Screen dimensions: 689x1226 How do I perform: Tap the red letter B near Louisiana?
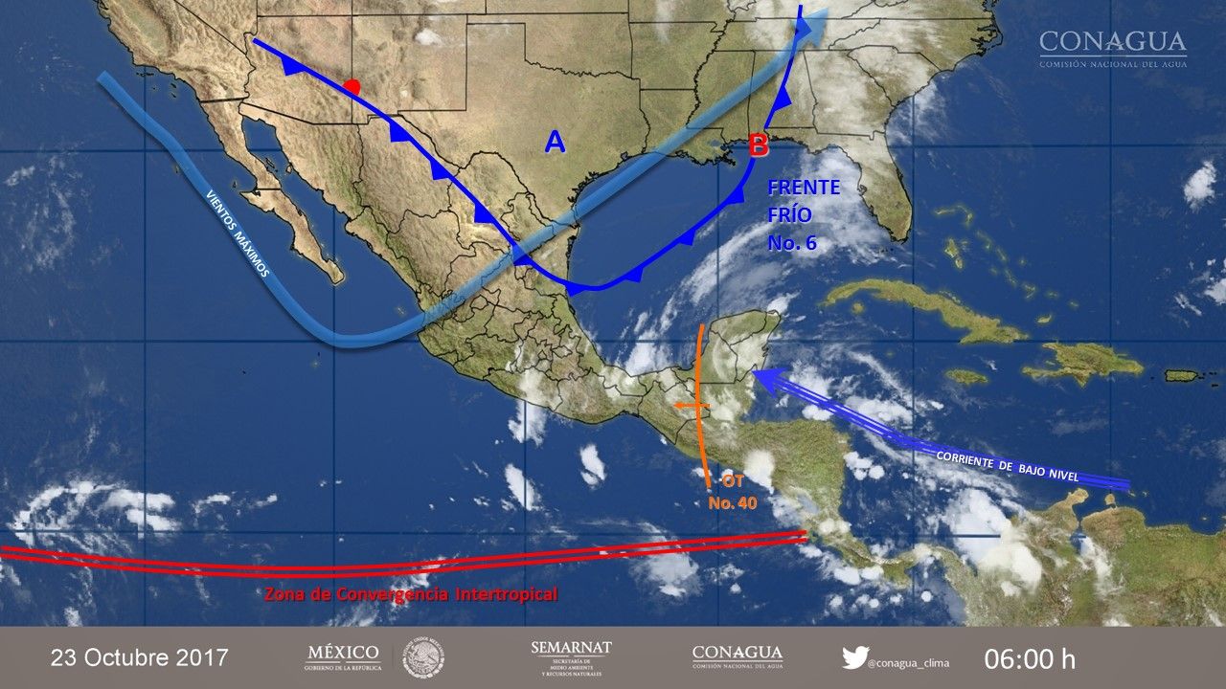coord(758,146)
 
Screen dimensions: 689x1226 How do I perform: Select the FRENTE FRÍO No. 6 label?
coord(803,215)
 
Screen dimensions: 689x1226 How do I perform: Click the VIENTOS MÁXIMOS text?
coord(238,233)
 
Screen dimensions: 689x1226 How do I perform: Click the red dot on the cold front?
coord(352,87)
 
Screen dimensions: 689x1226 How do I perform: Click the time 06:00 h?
coord(1030,658)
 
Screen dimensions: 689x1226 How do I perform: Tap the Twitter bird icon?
coord(854,657)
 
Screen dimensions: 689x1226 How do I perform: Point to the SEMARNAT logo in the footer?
coord(571,657)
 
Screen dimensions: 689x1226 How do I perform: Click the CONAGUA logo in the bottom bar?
coord(736,656)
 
